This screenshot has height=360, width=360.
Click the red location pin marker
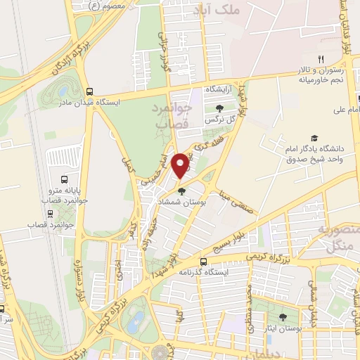pyautogui.click(x=181, y=165)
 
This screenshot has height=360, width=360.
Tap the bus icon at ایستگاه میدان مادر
pyautogui.click(x=89, y=91)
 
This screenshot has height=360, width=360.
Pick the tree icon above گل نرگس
pyautogui.click(x=221, y=108)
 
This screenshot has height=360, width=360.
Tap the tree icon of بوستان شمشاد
pyautogui.click(x=181, y=190)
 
